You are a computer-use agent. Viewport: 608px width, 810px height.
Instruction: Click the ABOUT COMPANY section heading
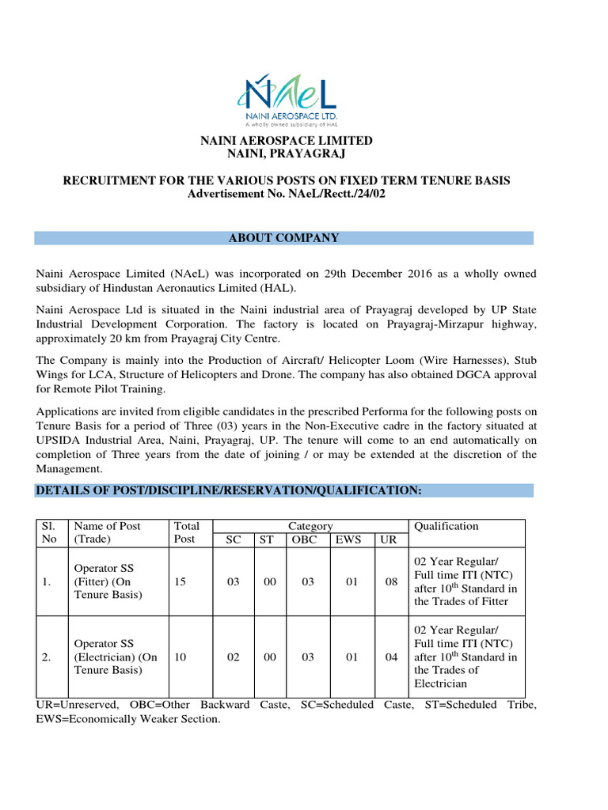tap(283, 238)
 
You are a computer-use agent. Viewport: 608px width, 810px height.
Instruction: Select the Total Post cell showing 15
tap(180, 581)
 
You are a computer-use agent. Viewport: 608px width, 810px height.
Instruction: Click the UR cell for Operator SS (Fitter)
tap(391, 581)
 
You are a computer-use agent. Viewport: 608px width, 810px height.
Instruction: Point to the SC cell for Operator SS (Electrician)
tap(233, 657)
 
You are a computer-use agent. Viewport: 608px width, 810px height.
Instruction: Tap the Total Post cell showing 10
tap(180, 657)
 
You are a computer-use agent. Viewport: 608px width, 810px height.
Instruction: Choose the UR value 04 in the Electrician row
tap(391, 657)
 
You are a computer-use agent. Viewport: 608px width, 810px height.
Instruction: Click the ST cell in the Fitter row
tap(270, 581)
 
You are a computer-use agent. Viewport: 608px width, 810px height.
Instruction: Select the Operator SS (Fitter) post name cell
tap(108, 581)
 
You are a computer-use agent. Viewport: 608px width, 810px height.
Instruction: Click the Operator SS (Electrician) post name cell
tap(116, 657)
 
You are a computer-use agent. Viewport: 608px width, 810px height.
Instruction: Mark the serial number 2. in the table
tap(47, 657)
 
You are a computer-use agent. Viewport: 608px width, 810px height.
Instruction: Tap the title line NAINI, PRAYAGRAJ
tap(286, 153)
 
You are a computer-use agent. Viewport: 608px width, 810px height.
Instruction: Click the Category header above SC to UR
tap(310, 526)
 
